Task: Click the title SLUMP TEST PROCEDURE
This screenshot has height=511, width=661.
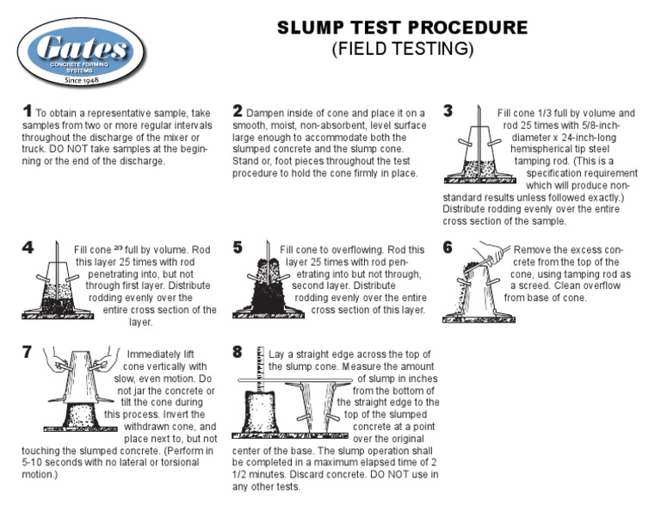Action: click(402, 28)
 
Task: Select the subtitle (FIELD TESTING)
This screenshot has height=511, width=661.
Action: click(402, 50)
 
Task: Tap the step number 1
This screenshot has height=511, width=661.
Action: click(27, 112)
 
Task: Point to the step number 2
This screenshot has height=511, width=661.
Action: click(238, 112)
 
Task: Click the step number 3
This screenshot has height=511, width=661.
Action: click(448, 112)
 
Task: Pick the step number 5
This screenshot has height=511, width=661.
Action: click(238, 248)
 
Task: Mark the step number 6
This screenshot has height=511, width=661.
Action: click(448, 248)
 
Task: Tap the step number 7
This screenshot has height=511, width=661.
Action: click(27, 353)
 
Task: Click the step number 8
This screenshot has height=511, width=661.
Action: click(238, 353)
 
